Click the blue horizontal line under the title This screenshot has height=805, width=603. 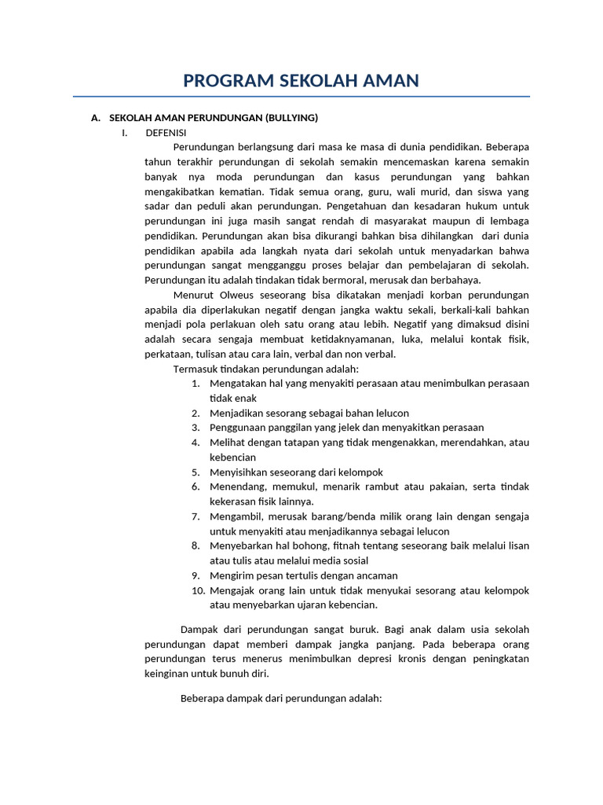[301, 97]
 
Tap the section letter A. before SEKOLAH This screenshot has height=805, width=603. [96, 118]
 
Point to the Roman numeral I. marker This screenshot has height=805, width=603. [124, 132]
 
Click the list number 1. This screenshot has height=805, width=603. [196, 384]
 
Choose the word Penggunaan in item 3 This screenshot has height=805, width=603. [236, 428]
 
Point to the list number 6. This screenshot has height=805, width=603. [196, 487]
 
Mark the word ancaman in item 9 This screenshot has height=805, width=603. [375, 575]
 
